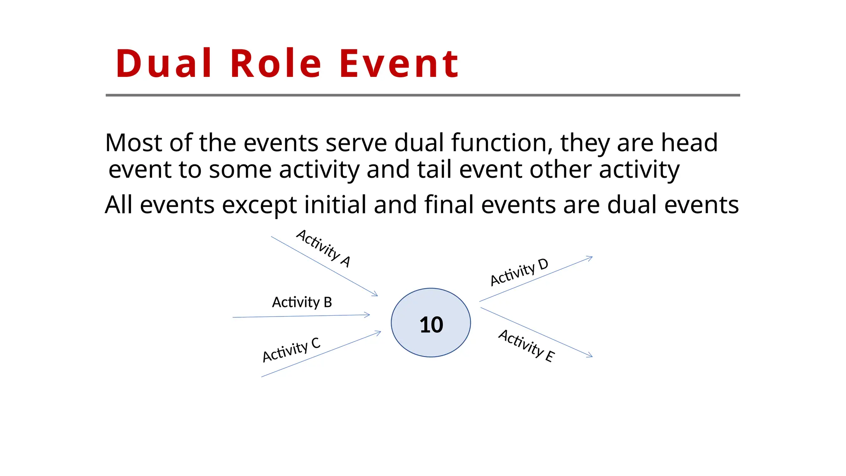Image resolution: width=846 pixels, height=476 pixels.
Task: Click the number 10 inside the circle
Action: [431, 325]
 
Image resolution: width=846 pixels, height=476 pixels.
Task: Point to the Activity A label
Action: [323, 248]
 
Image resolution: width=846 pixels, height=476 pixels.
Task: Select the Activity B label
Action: [302, 302]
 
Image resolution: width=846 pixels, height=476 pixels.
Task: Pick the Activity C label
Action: [291, 350]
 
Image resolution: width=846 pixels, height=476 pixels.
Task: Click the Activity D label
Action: [519, 272]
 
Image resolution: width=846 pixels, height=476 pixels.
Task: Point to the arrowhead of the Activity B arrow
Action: [368, 315]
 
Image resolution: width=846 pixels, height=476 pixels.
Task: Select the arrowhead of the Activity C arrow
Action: [378, 332]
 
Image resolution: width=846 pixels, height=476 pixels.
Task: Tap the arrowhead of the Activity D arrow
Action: [590, 258]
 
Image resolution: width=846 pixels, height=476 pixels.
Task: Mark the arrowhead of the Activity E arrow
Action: [590, 355]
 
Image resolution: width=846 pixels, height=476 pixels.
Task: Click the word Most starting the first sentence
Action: [133, 143]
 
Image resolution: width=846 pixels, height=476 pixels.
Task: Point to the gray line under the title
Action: [423, 95]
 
